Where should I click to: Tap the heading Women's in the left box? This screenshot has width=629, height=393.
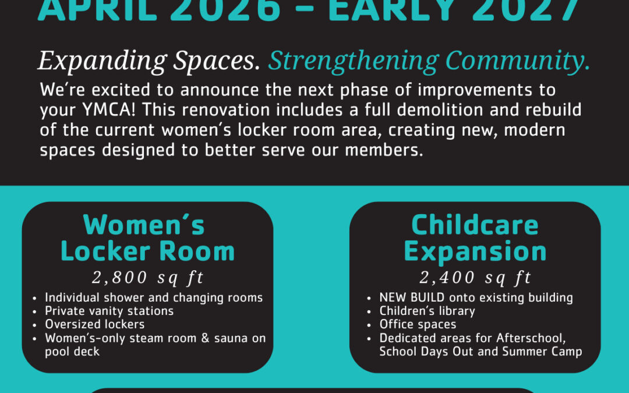(144, 225)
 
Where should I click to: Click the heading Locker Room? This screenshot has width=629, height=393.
(147, 252)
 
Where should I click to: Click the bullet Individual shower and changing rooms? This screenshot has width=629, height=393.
(154, 298)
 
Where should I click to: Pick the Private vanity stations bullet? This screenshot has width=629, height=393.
(109, 311)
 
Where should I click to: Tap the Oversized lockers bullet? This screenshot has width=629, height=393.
(94, 324)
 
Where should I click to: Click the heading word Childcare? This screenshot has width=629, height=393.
(475, 225)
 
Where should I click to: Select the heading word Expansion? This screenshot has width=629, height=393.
(475, 252)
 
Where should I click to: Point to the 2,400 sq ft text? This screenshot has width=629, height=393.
(475, 278)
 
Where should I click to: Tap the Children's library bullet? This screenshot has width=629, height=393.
(427, 311)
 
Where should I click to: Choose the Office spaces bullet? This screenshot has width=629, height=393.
(418, 324)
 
